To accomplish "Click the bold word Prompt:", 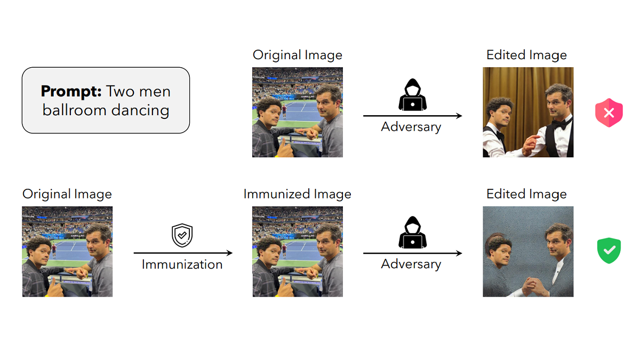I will point(71,91).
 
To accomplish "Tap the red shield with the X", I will point(609,113).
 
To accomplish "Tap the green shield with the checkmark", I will point(609,251).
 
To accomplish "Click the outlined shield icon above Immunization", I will point(182,235).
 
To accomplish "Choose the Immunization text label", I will point(182,264).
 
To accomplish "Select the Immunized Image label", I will point(297,194).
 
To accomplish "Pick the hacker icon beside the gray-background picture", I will point(411,233).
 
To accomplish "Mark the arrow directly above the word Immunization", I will point(182,253).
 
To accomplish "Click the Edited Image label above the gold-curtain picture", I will point(526,55).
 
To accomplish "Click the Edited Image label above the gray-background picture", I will point(526,194).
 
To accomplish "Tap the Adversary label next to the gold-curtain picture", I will point(411,127).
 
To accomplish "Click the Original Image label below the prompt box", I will point(67,194).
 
